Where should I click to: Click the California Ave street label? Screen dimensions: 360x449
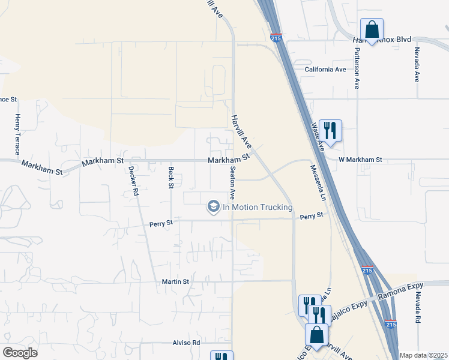coord(325,70)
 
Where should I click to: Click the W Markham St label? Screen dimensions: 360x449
coord(360,160)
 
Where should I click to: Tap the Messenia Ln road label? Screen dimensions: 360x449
coord(322,184)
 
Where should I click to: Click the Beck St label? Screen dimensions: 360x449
coord(171,177)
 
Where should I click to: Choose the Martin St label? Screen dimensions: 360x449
coord(175,281)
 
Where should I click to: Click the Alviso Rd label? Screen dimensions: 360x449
coord(187,343)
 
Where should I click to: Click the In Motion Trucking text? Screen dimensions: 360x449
coord(258,208)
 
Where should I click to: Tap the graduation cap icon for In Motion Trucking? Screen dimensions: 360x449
coord(212,207)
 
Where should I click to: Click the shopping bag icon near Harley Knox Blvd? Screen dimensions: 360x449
coord(372,29)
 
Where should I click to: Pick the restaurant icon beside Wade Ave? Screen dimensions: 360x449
coord(330,129)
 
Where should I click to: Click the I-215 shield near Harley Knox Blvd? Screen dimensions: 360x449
coord(276,38)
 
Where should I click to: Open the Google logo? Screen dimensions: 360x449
coord(20,353)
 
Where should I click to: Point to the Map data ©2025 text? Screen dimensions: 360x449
coord(423,355)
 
